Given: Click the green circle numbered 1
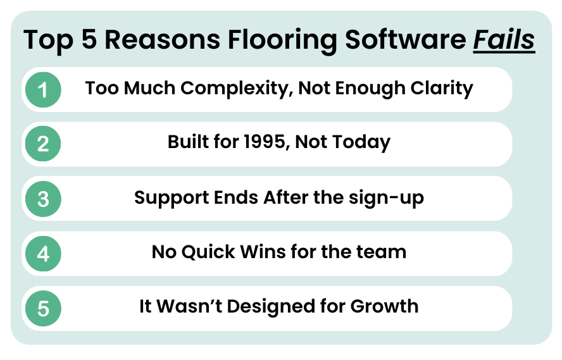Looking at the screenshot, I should click(x=43, y=90).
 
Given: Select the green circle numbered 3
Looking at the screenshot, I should click(x=43, y=199).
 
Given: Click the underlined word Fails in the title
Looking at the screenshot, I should click(x=505, y=40).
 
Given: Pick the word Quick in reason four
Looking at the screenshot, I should click(x=209, y=252).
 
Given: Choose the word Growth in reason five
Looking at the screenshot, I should click(x=385, y=306).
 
